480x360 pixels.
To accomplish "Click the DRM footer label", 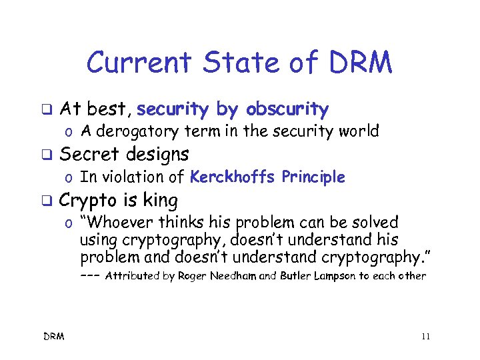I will [55, 336].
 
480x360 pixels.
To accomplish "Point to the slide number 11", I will [425, 336].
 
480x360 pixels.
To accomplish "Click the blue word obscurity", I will [287, 109].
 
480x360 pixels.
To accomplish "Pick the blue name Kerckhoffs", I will [233, 177].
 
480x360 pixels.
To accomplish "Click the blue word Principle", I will [313, 177].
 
